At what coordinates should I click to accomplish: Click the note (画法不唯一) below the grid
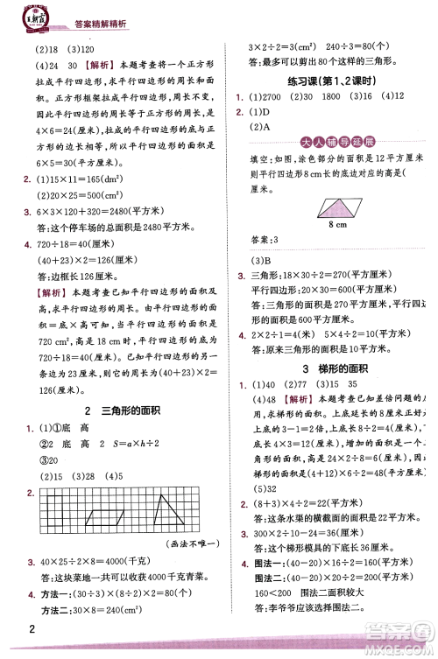[193, 543]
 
